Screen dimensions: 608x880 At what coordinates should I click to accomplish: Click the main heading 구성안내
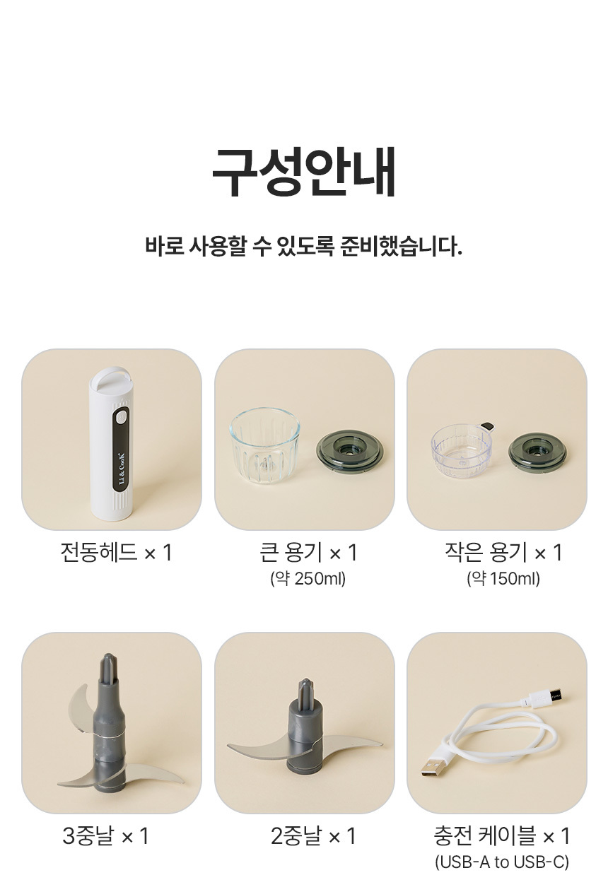(x=303, y=173)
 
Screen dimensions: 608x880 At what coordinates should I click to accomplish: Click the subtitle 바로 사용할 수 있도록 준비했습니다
(x=303, y=246)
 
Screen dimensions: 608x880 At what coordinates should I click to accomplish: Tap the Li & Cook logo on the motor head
(x=122, y=468)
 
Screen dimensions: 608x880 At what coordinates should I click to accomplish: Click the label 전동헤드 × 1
(x=117, y=552)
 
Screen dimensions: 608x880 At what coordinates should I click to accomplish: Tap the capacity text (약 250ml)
(x=308, y=579)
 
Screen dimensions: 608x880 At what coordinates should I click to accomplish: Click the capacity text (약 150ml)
(x=503, y=579)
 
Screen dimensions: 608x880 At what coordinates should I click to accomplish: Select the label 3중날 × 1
(x=105, y=835)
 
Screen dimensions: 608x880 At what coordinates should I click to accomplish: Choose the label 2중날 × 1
(x=313, y=835)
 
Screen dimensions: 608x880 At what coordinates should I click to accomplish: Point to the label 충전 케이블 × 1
(x=502, y=835)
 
